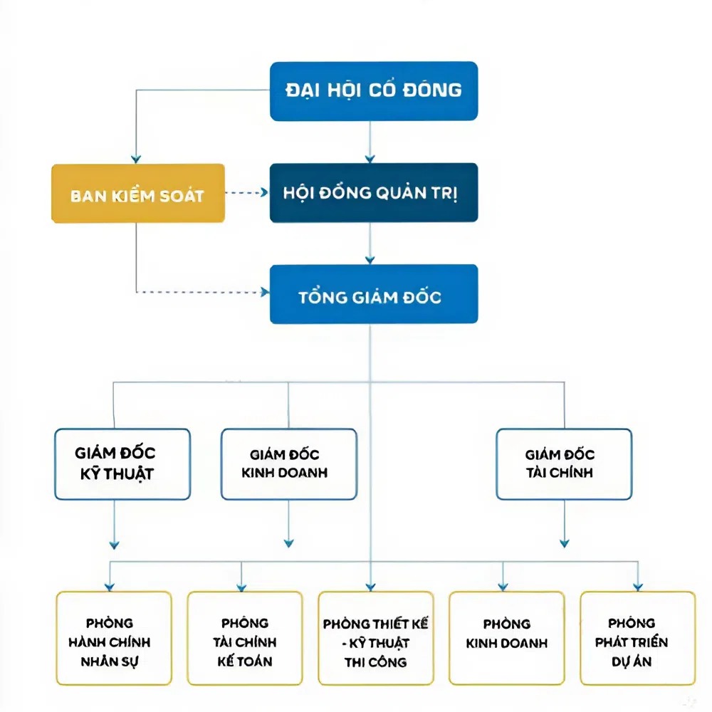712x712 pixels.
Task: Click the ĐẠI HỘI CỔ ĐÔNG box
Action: click(374, 91)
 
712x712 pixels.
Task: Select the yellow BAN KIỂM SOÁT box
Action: click(138, 194)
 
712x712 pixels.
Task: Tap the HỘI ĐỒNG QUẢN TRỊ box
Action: click(374, 192)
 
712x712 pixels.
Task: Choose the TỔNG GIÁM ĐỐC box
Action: click(374, 294)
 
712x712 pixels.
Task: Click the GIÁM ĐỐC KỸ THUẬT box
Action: click(122, 464)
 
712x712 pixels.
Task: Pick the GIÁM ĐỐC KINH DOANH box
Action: click(289, 464)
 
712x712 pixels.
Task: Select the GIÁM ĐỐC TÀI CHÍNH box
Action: click(564, 464)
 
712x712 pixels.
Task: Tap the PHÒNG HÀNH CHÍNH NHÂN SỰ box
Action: click(114, 638)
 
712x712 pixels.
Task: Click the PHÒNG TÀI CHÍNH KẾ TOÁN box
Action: click(245, 638)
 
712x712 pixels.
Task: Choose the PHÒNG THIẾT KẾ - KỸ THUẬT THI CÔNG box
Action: click(376, 638)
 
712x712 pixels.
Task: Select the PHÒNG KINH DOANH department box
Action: click(507, 638)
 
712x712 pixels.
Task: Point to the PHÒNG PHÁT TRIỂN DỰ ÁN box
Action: click(637, 638)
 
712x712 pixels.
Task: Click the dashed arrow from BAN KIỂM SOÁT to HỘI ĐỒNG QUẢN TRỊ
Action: click(247, 192)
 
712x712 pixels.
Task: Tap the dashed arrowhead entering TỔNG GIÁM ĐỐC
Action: click(265, 292)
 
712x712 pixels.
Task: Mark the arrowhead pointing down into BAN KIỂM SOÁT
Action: click(136, 159)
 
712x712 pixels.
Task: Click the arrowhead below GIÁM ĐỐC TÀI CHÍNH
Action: click(565, 543)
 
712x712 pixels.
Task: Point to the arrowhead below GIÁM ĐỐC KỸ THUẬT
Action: click(114, 545)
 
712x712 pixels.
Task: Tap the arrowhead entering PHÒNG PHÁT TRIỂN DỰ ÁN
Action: click(638, 587)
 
